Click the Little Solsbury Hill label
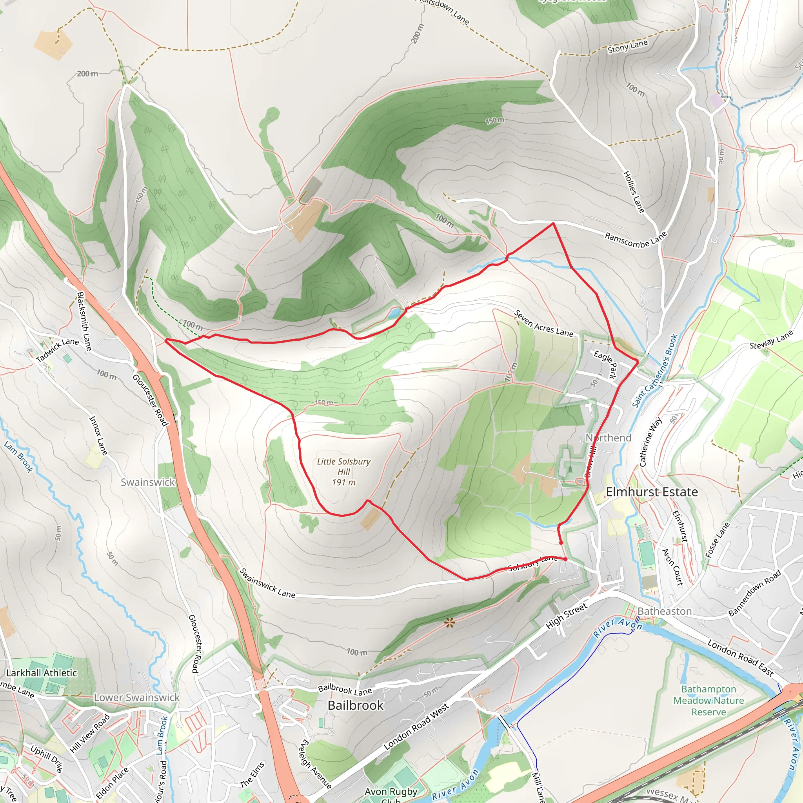pyautogui.click(x=343, y=472)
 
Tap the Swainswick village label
pyautogui.click(x=147, y=482)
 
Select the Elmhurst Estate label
pyautogui.click(x=652, y=492)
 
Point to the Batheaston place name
pyautogui.click(x=665, y=611)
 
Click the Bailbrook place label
pyautogui.click(x=355, y=705)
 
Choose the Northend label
pyautogui.click(x=609, y=438)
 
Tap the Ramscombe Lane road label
pyautogui.click(x=636, y=240)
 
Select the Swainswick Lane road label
pyautogui.click(x=267, y=583)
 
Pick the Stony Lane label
pyautogui.click(x=628, y=47)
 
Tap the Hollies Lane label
pyautogui.click(x=634, y=192)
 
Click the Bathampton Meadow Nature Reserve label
pyautogui.click(x=708, y=700)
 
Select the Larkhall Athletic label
pyautogui.click(x=42, y=672)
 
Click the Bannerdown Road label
pyautogui.click(x=754, y=593)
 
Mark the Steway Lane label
pyautogui.click(x=771, y=340)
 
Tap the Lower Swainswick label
pyautogui.click(x=137, y=698)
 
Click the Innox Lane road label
pyautogui.click(x=98, y=435)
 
